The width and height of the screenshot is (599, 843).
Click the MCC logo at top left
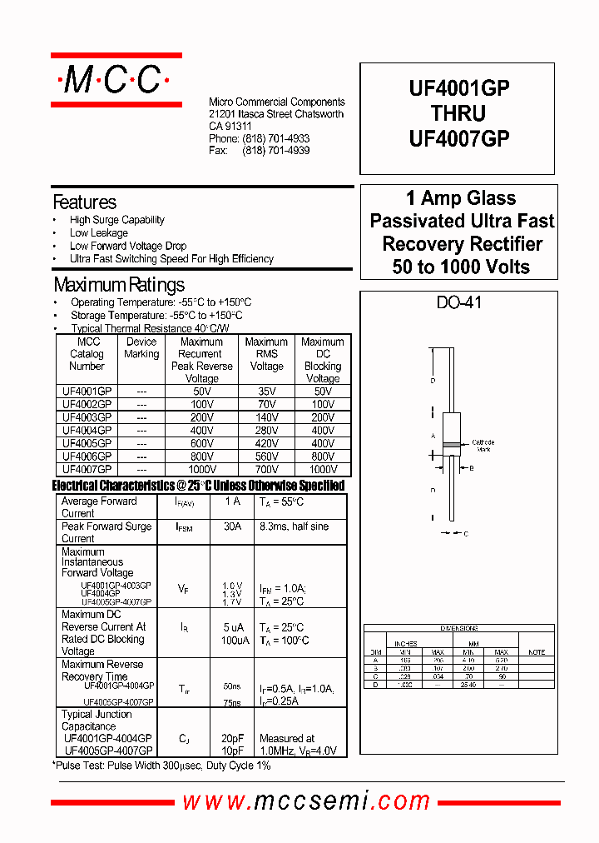pos(116,80)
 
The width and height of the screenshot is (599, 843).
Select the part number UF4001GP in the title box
pos(458,89)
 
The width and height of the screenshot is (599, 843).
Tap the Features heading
pos(84,202)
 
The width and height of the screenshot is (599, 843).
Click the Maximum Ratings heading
pos(118,285)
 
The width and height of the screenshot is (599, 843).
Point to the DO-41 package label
pos(458,303)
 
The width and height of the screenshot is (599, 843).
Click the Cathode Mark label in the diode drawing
pos(483,446)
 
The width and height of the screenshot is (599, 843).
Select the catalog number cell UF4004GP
pos(87,430)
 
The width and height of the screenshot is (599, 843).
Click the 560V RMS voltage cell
pos(266,456)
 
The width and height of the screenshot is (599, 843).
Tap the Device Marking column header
pos(141,348)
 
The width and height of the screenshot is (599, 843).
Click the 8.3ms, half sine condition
pos(294,526)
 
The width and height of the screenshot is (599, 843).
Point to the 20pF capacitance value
pos(232,739)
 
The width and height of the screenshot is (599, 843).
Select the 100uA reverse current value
pos(232,641)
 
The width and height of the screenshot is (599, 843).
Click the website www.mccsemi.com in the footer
pos(306,801)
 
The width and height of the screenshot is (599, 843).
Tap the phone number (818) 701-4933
pos(275,138)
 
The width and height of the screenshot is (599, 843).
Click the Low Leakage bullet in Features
pos(98,233)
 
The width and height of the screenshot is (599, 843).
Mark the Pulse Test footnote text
pos(162,765)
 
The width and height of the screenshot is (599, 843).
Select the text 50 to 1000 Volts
pos(461,267)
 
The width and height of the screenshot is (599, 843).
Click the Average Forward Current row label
pos(99,507)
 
